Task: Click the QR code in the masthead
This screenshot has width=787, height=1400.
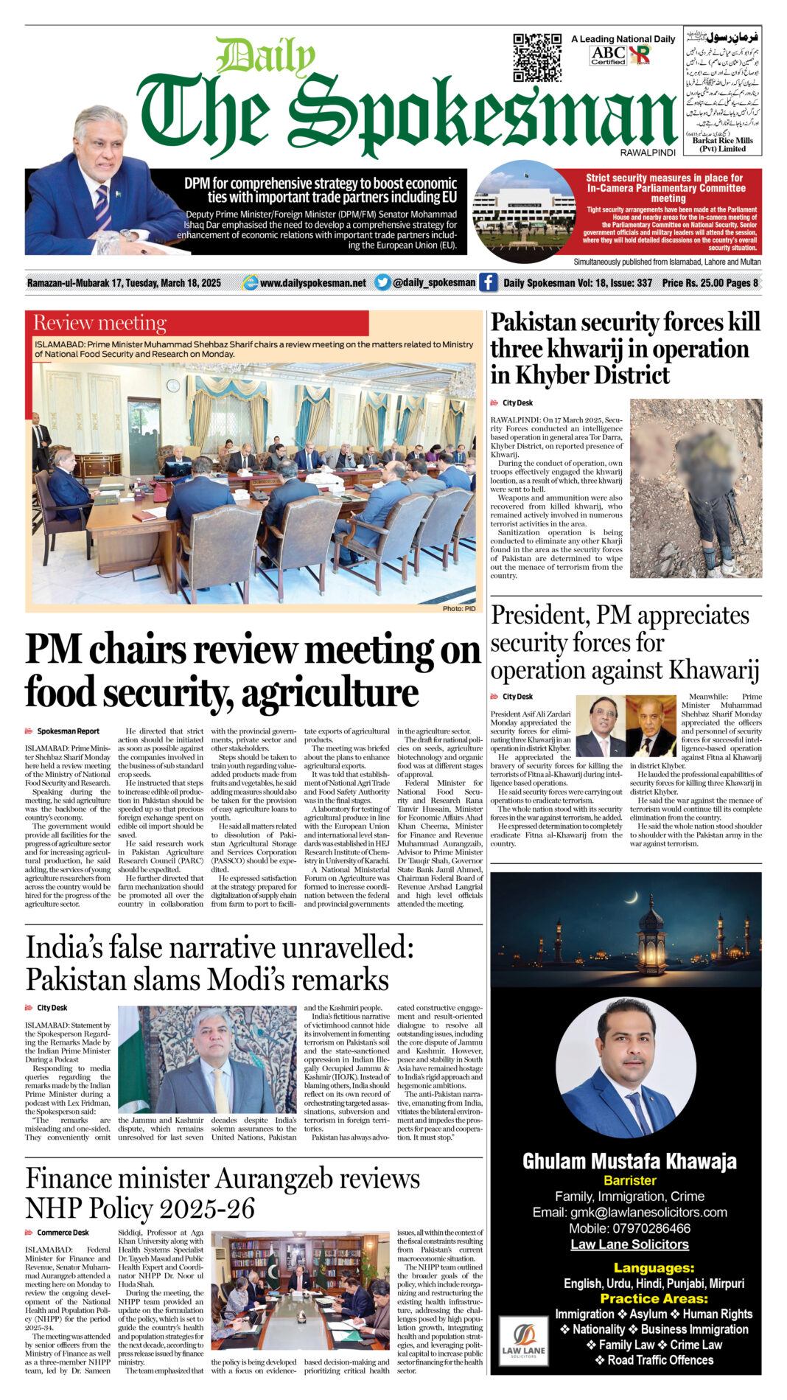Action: pyautogui.click(x=537, y=57)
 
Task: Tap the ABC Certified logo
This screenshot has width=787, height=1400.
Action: pyautogui.click(x=608, y=55)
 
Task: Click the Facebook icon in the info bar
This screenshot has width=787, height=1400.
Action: pyautogui.click(x=488, y=282)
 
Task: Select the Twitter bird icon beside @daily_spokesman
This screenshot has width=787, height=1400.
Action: pyautogui.click(x=382, y=282)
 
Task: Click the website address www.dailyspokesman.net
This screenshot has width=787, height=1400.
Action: pyautogui.click(x=312, y=283)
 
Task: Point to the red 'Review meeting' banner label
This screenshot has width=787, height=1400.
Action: pyautogui.click(x=100, y=323)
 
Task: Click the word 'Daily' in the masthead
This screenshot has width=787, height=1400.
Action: pyautogui.click(x=266, y=56)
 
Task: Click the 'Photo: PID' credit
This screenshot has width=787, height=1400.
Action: pyautogui.click(x=459, y=608)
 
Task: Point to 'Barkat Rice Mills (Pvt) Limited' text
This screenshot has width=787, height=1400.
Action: pyautogui.click(x=722, y=144)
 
